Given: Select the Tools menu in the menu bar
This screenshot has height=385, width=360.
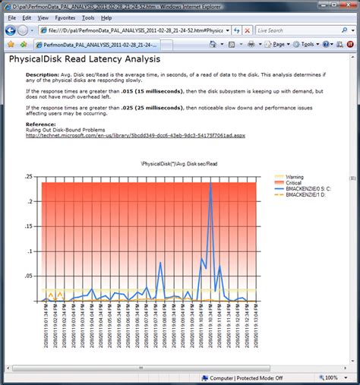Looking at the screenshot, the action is pyautogui.click(x=88, y=17).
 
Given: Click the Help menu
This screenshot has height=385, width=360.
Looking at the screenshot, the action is pyautogui.click(x=106, y=17).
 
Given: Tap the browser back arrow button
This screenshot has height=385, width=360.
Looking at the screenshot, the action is pyautogui.click(x=10, y=30).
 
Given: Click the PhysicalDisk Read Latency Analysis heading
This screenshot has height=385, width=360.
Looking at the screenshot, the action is pyautogui.click(x=84, y=58).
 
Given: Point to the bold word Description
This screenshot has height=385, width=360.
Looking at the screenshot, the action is pyautogui.click(x=41, y=75).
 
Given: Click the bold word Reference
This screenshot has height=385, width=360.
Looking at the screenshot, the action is pyautogui.click(x=40, y=123).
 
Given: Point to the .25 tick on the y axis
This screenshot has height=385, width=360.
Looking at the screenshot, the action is pyautogui.click(x=30, y=176).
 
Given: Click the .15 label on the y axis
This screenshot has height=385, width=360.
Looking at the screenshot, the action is pyautogui.click(x=30, y=226).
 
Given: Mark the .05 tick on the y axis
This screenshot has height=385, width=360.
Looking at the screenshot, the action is pyautogui.click(x=30, y=276).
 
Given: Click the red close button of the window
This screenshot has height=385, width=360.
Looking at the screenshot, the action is pyautogui.click(x=348, y=5).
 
